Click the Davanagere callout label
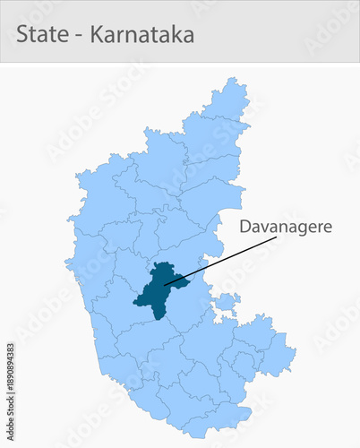[x=285, y=227]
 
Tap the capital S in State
[x=22, y=36]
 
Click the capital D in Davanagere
[x=244, y=227]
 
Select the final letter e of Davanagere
[x=327, y=228]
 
